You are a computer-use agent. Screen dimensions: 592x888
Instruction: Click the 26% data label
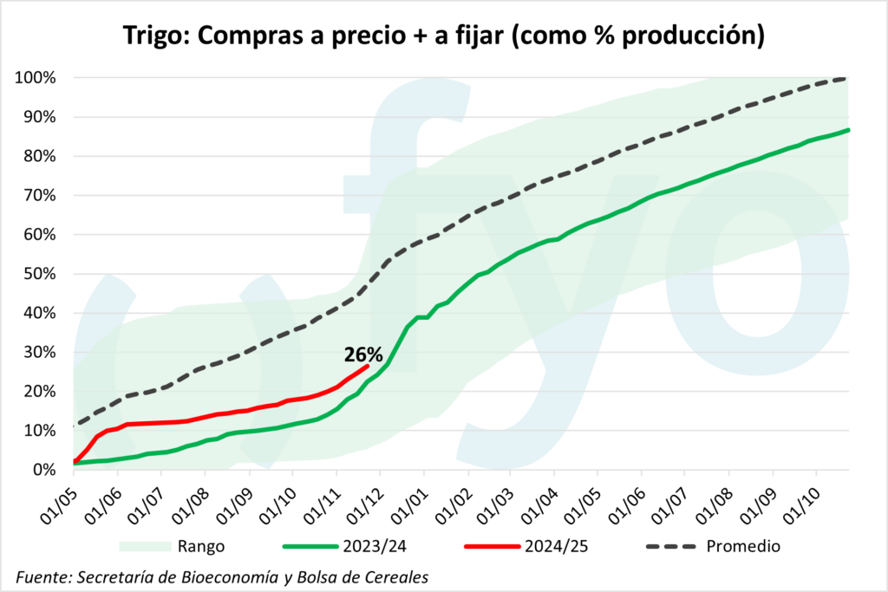pos(363,355)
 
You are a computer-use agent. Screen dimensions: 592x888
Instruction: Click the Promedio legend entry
pos(736,546)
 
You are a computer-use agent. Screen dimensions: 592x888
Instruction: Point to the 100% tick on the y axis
pos(36,78)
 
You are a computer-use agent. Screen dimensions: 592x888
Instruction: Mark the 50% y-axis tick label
pos(39,274)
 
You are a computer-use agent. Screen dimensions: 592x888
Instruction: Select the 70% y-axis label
pos(39,196)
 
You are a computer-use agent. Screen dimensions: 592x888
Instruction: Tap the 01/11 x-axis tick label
pos(324,498)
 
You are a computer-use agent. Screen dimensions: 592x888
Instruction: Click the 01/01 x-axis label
pos(412,498)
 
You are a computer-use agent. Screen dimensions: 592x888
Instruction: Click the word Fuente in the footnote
pos(43,576)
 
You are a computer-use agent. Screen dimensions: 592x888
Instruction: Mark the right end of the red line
pos(369,366)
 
